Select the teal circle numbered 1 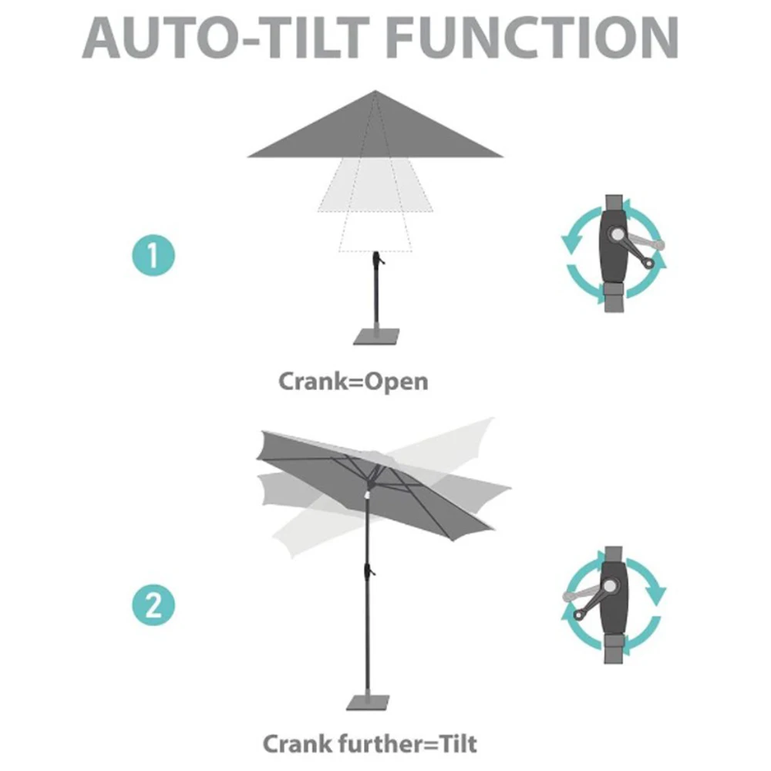coord(153,255)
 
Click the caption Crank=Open coord(353,381)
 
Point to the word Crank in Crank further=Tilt coord(300,744)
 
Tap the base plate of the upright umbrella coord(375,336)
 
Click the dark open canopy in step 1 coord(375,135)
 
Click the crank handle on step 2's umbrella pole coord(369,571)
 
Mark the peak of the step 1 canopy coord(375,92)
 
